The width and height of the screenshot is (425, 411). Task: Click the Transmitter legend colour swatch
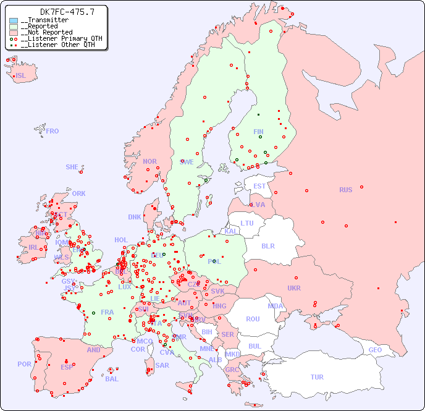coord(14,20)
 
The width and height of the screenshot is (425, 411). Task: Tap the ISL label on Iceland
coord(21,76)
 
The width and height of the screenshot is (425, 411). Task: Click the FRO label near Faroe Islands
coord(53,131)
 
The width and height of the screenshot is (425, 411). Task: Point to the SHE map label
coord(72,167)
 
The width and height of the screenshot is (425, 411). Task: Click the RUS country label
coord(345,190)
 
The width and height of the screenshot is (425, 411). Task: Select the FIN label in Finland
coord(258,132)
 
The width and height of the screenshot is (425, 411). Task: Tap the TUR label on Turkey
coord(317,377)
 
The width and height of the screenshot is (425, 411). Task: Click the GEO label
coord(375,350)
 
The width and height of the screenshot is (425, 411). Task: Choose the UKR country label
coord(294,288)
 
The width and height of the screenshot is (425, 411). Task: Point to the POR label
coord(24,364)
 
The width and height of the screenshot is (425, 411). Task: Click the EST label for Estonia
coord(259,186)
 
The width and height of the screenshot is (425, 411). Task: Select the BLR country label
coord(267,245)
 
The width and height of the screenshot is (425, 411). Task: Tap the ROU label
coord(253,319)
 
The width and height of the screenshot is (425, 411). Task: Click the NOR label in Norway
coord(149,161)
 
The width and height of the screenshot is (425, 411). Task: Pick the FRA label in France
coord(107,312)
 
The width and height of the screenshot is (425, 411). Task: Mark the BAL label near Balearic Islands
coord(112,379)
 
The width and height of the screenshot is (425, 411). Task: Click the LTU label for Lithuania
coord(247,223)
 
